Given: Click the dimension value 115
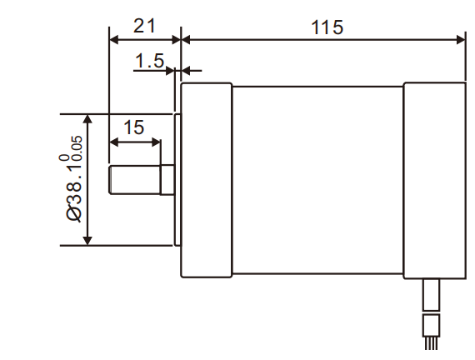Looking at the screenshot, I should (327, 27).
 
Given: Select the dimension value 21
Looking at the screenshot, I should (145, 25).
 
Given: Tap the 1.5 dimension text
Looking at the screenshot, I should (150, 61).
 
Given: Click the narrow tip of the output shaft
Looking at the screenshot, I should (133, 180).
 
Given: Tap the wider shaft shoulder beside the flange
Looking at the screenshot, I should (166, 180).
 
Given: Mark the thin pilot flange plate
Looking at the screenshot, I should (177, 179).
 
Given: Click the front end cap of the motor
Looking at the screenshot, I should (206, 179).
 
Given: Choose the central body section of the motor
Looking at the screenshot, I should (317, 179).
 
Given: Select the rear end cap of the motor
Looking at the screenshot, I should (434, 179).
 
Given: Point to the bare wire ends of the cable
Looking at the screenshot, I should (431, 342).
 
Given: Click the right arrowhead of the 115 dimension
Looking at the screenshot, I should (461, 38).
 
